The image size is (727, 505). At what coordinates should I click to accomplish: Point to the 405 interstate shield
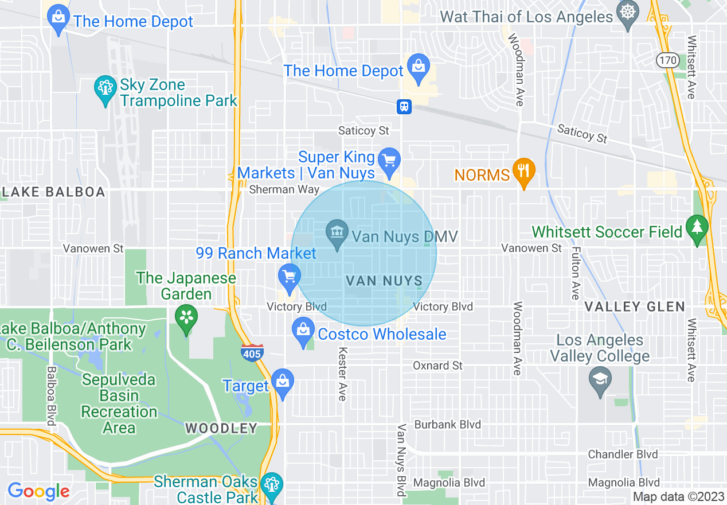click(x=252, y=352)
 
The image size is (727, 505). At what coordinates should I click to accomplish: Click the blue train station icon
click(x=404, y=106)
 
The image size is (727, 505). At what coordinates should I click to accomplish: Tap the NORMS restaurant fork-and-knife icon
click(x=523, y=170)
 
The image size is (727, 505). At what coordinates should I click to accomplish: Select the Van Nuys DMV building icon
click(x=337, y=232)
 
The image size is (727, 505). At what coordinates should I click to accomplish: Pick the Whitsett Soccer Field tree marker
click(x=697, y=227)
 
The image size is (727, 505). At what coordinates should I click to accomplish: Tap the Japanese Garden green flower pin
click(x=186, y=317)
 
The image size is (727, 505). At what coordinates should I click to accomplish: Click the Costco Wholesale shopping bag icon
click(x=303, y=331)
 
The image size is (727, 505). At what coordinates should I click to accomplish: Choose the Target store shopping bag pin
click(x=283, y=381)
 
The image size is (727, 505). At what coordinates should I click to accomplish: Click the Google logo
click(x=38, y=491)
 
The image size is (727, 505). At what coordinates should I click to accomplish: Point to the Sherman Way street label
click(x=284, y=189)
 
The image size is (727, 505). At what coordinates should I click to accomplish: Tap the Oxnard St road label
click(x=437, y=366)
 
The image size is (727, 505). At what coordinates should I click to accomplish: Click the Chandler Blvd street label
click(x=623, y=454)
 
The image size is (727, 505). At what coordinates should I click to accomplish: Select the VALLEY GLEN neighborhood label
click(x=634, y=306)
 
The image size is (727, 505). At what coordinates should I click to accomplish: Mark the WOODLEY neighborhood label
click(x=221, y=428)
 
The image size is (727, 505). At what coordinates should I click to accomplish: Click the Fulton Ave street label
click(x=576, y=273)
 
